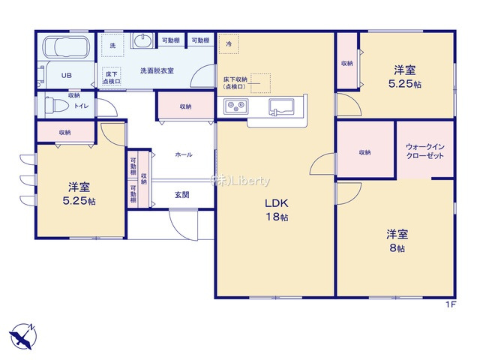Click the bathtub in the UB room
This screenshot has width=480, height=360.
(x=67, y=49)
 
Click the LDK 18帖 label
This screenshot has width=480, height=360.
(x=275, y=210)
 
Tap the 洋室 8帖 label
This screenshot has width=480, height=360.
(x=396, y=240)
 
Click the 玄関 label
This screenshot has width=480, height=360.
(x=182, y=194)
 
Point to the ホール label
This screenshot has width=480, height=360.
(x=183, y=154)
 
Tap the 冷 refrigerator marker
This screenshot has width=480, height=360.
(x=229, y=45)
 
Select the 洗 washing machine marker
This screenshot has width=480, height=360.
(x=112, y=46)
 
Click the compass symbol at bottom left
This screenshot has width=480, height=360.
(x=22, y=335)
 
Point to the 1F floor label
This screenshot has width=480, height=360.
(x=451, y=304)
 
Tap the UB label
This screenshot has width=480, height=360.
(x=66, y=76)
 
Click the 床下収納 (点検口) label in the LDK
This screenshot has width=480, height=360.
(x=236, y=82)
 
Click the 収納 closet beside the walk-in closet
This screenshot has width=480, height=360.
(x=364, y=152)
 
